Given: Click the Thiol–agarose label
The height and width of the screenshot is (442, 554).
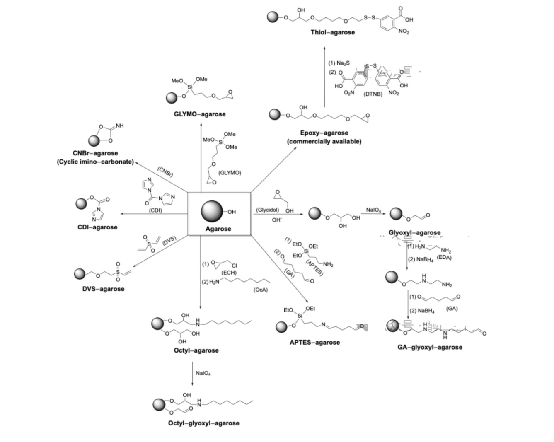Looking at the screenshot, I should [333, 32].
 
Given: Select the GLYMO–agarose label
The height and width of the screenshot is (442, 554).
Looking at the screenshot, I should [199, 114].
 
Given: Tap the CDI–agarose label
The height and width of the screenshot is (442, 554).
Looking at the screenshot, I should [97, 227].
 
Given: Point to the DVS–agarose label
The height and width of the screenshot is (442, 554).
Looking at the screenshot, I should [103, 289].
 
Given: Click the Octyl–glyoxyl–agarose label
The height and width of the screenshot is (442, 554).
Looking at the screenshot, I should [203, 423].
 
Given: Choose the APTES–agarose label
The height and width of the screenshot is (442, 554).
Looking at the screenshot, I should [314, 342].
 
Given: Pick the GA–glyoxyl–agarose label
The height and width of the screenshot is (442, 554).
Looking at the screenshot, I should [430, 347].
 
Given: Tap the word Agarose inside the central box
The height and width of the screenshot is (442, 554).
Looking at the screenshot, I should [218, 229].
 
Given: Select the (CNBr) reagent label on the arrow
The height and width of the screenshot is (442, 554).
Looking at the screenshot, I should [165, 171].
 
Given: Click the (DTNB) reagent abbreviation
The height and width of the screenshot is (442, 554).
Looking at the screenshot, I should [373, 94].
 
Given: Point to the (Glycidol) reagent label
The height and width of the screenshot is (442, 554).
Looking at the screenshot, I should [267, 210].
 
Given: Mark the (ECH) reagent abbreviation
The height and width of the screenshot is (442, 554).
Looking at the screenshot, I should [229, 273].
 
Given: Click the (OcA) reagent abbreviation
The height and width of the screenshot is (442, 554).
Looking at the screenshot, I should [261, 290].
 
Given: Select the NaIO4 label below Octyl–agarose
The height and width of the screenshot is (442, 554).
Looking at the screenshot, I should [203, 373].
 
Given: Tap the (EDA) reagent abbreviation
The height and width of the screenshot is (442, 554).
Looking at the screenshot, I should [444, 258].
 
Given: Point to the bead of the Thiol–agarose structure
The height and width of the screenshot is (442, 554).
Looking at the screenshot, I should [272, 17].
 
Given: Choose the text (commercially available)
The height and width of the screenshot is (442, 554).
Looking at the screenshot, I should [324, 142].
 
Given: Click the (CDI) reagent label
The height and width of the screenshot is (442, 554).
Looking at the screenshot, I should [155, 210].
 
